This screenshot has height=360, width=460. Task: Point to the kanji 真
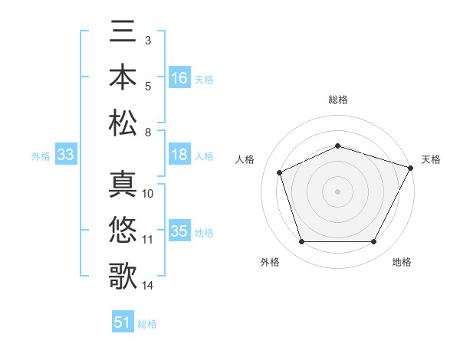coord(123,185)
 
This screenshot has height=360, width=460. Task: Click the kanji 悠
coord(123,230)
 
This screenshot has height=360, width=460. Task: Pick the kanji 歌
coord(123,275)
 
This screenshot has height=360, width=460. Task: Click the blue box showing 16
coord(179,78)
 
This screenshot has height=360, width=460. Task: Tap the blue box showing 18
coord(179,155)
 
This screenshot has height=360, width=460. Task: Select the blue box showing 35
coord(179,231)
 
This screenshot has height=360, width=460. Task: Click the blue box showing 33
coord(65,155)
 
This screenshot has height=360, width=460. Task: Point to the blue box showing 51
coord(123,322)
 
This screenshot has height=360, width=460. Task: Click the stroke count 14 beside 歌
coord(148,286)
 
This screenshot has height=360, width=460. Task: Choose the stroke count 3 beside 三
coord(147,39)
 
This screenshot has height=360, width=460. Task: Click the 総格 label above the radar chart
coord(338,100)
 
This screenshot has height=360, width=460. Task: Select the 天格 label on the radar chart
coord(431,159)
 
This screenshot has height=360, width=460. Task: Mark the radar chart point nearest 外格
coord(301,242)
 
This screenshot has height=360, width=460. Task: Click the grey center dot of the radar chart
coord(338,191)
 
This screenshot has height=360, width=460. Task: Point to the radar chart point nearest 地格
coord(374,242)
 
